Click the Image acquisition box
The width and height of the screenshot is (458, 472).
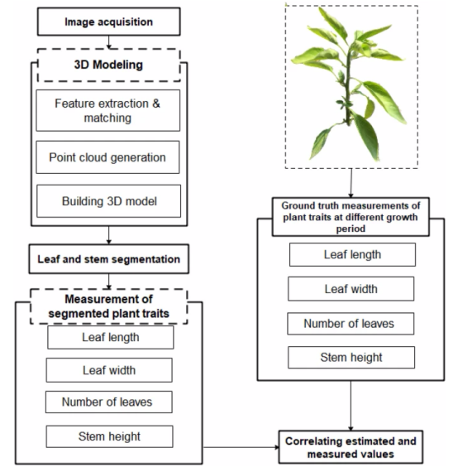pyautogui.click(x=109, y=22)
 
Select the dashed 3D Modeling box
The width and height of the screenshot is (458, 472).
pyautogui.click(x=109, y=65)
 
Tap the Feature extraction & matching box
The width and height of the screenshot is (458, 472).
pyautogui.click(x=108, y=110)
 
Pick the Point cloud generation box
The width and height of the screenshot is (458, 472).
pyautogui.click(x=107, y=157)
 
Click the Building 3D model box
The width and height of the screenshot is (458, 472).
pyautogui.click(x=109, y=201)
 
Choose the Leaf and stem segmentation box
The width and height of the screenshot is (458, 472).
pyautogui.click(x=109, y=259)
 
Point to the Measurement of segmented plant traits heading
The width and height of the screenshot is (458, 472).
pyautogui.click(x=109, y=306)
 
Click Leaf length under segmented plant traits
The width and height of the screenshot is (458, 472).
pyautogui.click(x=110, y=337)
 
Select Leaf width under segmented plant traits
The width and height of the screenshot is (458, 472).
pyautogui.click(x=109, y=370)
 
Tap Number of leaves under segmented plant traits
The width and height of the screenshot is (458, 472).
pyautogui.click(x=109, y=402)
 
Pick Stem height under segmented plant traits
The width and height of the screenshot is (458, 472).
pyautogui.click(x=109, y=436)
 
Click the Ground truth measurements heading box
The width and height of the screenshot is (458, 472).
pyautogui.click(x=351, y=217)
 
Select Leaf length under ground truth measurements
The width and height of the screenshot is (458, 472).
pyautogui.click(x=352, y=255)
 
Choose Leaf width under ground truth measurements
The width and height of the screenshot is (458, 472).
pyautogui.click(x=351, y=289)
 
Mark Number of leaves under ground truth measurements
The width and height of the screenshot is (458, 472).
pyautogui.click(x=351, y=324)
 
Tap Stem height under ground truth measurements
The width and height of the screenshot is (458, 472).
pyautogui.click(x=351, y=358)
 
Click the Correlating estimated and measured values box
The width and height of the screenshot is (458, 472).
pyautogui.click(x=351, y=447)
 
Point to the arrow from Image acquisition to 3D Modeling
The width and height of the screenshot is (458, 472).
pyautogui.click(x=109, y=42)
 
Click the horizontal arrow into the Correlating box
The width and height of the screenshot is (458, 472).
pyautogui.click(x=241, y=447)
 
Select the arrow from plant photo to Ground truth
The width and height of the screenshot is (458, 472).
pyautogui.click(x=351, y=183)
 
